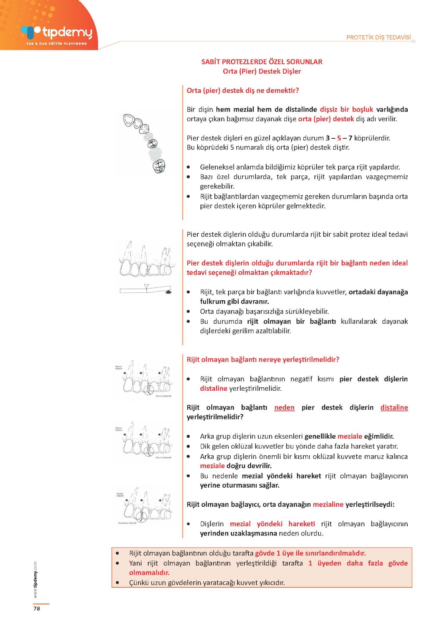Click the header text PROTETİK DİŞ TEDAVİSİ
378,37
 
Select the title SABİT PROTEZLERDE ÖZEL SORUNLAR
261,62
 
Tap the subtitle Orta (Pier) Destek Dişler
261,71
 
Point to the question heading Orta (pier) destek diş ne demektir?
243,91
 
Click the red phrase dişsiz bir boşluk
346,109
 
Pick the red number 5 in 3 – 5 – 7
339,138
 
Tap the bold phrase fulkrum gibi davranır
234,301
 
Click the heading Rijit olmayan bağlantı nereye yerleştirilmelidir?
263,360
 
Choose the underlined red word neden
284,408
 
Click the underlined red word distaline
394,408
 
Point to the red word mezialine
328,504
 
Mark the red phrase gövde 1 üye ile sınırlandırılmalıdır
310,553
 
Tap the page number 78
37,608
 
